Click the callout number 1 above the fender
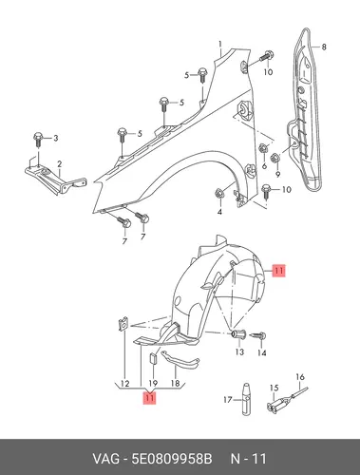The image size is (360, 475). click(x=220, y=44)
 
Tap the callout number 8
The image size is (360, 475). click(x=324, y=47)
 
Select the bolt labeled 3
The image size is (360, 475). click(x=38, y=140)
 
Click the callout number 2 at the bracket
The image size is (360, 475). click(x=59, y=164)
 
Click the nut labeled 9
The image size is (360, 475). click(x=275, y=158)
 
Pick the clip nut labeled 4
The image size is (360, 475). click(x=218, y=193)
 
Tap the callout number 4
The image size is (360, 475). click(x=219, y=212)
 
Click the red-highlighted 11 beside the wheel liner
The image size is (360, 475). click(x=279, y=271)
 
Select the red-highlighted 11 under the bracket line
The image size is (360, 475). click(x=150, y=398)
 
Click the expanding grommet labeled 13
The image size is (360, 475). click(x=238, y=333)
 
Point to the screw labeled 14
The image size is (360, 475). click(x=258, y=336)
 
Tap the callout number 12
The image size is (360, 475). click(x=125, y=384)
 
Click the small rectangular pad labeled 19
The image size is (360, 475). click(x=153, y=359)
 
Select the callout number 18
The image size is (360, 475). click(x=175, y=384)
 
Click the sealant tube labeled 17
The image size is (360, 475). click(x=246, y=399)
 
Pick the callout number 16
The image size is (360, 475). click(x=300, y=377)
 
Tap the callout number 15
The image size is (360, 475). click(x=274, y=388)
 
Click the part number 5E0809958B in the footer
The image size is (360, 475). click(x=172, y=459)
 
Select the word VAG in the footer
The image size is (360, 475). click(x=105, y=459)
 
